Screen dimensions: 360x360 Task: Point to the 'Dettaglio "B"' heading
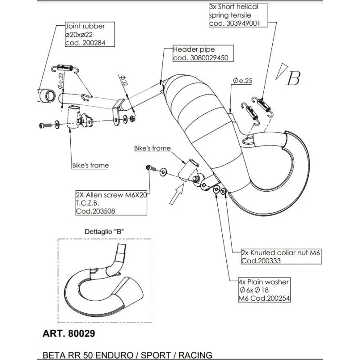[x=104, y=231]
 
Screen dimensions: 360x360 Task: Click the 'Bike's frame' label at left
[x=90, y=165]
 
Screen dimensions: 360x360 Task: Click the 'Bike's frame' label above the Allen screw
[x=152, y=148]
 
